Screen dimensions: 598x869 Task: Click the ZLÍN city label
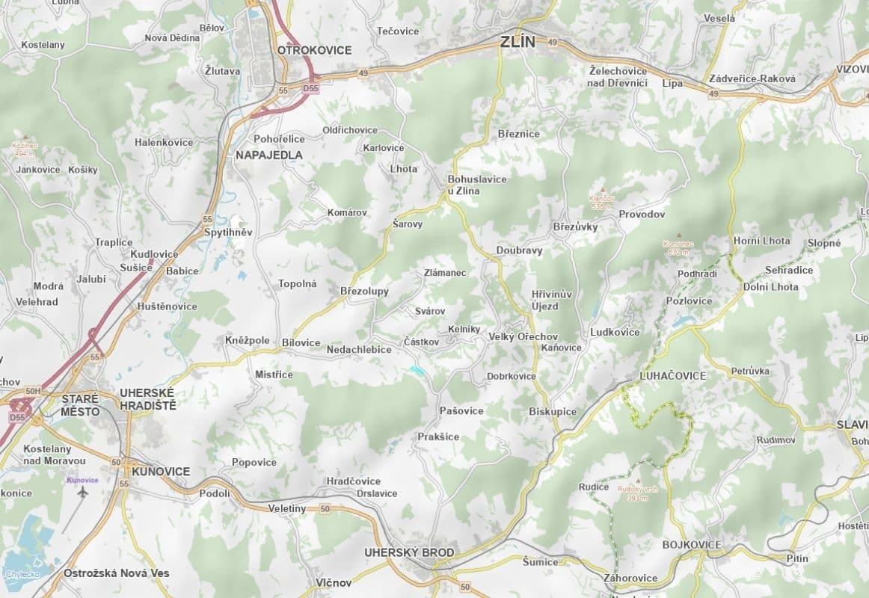518,42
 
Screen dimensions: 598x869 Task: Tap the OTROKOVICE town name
314,50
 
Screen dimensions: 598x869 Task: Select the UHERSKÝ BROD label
408,553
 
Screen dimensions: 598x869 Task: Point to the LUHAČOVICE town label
673,375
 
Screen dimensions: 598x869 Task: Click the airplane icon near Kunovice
82,493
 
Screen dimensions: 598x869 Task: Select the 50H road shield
32,390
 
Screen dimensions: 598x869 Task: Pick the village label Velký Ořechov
523,337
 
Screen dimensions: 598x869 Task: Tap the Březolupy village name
364,292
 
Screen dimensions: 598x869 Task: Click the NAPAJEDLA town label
268,155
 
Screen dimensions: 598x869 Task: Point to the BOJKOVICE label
692,545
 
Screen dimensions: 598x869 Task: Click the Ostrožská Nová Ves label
117,573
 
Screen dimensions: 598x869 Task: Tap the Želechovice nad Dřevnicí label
618,76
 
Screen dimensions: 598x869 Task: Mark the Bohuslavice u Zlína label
476,185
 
